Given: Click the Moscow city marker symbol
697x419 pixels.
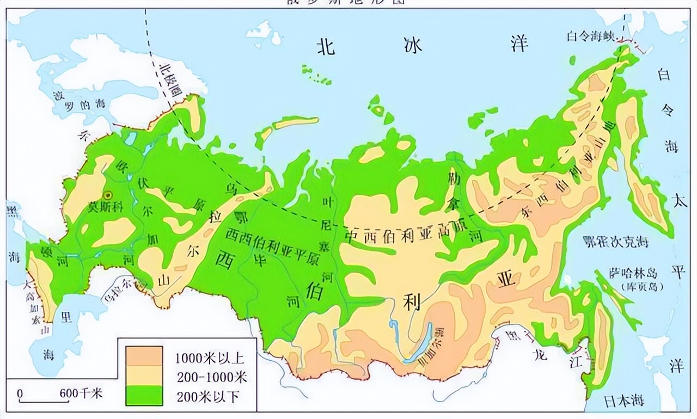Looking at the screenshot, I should click(108, 195).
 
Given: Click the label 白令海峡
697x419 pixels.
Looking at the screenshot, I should click(590, 36).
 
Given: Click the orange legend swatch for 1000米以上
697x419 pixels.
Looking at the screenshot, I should click(144, 356).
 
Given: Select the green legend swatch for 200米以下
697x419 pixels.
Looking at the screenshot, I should click(144, 395).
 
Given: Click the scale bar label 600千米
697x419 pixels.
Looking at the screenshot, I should click(82, 393).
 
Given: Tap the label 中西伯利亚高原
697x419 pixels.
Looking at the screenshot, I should click(406, 237).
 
